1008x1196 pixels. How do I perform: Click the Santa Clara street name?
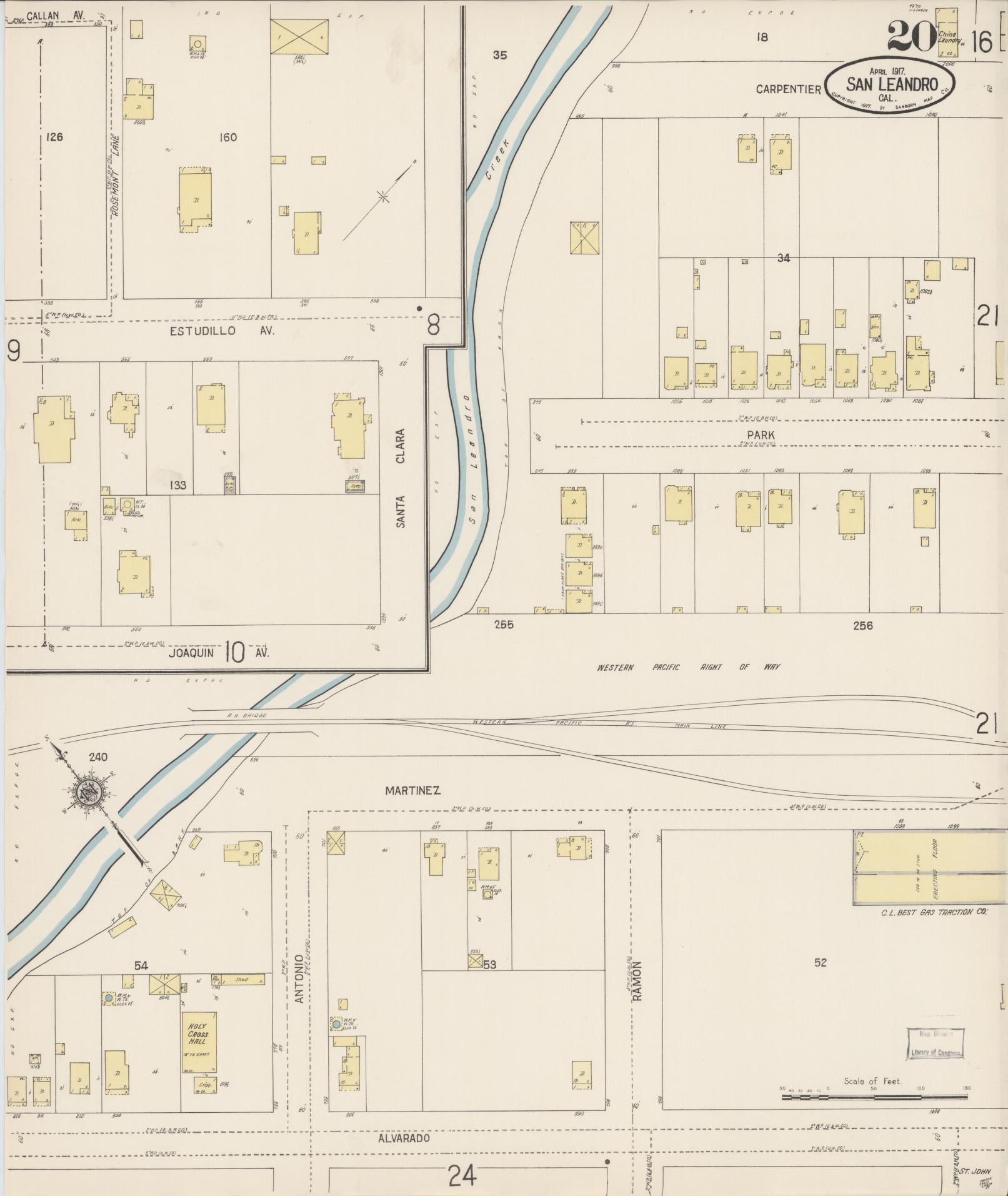(x=401, y=478)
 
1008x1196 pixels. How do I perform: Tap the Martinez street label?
(x=412, y=790)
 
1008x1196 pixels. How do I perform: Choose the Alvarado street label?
(x=404, y=1138)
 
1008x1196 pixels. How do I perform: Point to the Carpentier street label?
(x=788, y=89)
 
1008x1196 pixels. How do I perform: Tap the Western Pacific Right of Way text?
(x=688, y=667)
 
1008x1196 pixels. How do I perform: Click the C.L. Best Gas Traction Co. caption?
(x=934, y=912)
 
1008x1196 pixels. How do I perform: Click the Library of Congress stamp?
(x=935, y=1044)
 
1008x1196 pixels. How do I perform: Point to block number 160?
(x=228, y=137)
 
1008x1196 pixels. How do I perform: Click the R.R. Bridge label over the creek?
(x=247, y=714)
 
